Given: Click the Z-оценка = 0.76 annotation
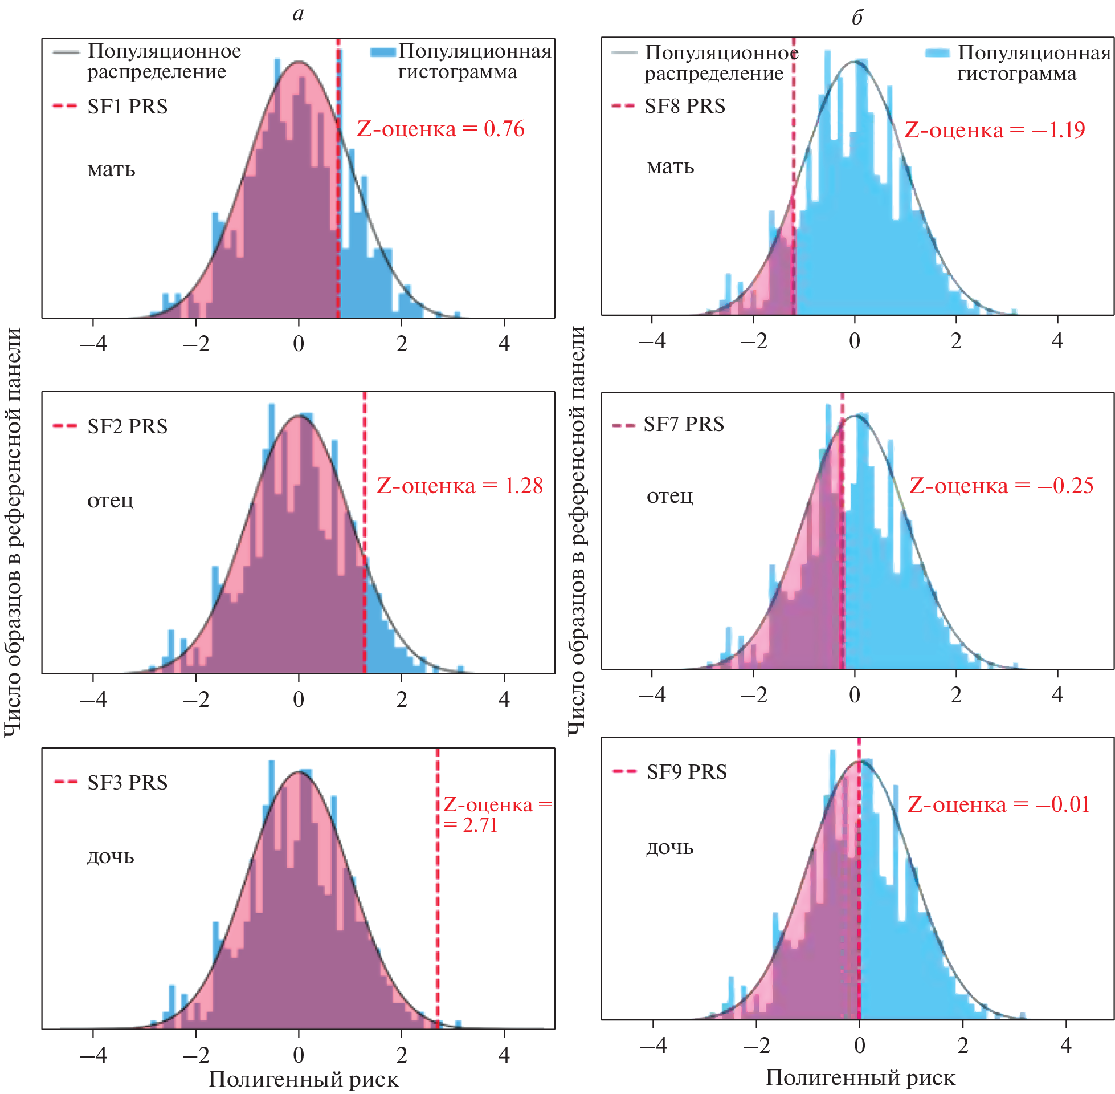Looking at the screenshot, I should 440,129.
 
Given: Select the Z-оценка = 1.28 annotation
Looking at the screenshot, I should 459,486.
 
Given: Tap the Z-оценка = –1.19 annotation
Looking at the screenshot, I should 994,130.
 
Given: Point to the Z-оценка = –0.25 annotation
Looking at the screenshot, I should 1001,486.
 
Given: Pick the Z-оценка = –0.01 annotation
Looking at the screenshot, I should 998,804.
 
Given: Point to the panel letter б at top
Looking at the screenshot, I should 857,17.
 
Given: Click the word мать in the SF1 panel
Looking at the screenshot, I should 111,170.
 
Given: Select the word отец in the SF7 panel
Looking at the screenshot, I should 670,495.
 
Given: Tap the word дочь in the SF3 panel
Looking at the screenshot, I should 111,857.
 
